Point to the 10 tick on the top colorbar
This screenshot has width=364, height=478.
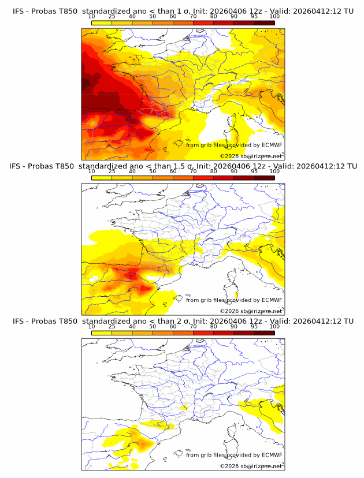(x=92, y=17)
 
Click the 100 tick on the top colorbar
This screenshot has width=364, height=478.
(x=274, y=17)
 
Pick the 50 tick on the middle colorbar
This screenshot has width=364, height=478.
(x=153, y=171)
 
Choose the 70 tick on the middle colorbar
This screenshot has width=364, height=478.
(x=193, y=171)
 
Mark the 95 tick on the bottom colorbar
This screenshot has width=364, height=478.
(x=254, y=326)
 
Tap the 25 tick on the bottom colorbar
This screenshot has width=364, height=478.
(x=112, y=326)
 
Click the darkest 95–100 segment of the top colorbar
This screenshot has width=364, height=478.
(x=264, y=23)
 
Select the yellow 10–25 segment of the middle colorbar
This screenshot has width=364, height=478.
(x=102, y=177)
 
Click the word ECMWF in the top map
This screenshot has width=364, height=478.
(x=272, y=145)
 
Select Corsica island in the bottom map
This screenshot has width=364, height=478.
(x=233, y=434)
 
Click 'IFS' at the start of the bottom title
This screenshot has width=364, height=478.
(x=18, y=322)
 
